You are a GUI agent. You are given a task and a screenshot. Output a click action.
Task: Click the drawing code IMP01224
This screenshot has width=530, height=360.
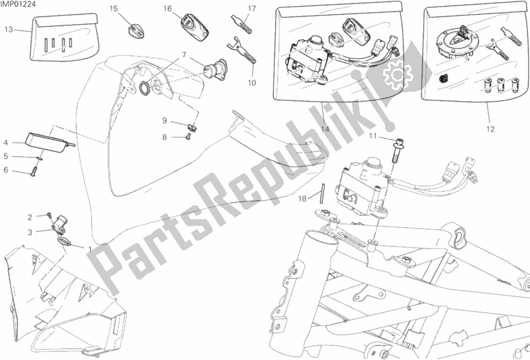[x=18, y=4]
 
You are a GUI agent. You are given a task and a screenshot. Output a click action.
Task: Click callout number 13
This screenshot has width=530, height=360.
[x=9, y=30]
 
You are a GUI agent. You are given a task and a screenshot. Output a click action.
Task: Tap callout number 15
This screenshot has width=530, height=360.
[x=114, y=9]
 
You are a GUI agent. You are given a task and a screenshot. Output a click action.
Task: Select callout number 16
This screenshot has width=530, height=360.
[x=167, y=9]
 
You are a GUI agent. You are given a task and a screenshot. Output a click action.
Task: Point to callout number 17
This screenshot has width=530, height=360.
[x=252, y=9]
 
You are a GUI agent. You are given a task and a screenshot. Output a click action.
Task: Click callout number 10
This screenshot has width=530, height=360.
[x=252, y=83]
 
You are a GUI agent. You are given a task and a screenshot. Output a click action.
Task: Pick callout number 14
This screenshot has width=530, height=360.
[x=325, y=129]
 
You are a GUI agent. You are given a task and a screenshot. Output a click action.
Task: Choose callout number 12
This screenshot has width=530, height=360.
[x=490, y=129]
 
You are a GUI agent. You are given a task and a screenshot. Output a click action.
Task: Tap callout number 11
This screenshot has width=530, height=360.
[x=373, y=136]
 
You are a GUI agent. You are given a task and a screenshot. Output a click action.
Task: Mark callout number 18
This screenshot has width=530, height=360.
[x=302, y=199]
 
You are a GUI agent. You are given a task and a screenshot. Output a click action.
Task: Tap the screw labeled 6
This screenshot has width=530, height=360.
[x=33, y=173]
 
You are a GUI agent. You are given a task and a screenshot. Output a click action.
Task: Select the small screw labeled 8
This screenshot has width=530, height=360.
[x=189, y=137]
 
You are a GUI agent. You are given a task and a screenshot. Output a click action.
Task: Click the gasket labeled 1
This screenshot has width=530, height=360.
[x=64, y=240]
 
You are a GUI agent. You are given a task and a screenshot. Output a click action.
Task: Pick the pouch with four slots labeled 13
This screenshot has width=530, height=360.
[x=65, y=37]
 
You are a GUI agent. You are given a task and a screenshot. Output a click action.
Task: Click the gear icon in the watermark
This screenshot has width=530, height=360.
[x=397, y=74]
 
